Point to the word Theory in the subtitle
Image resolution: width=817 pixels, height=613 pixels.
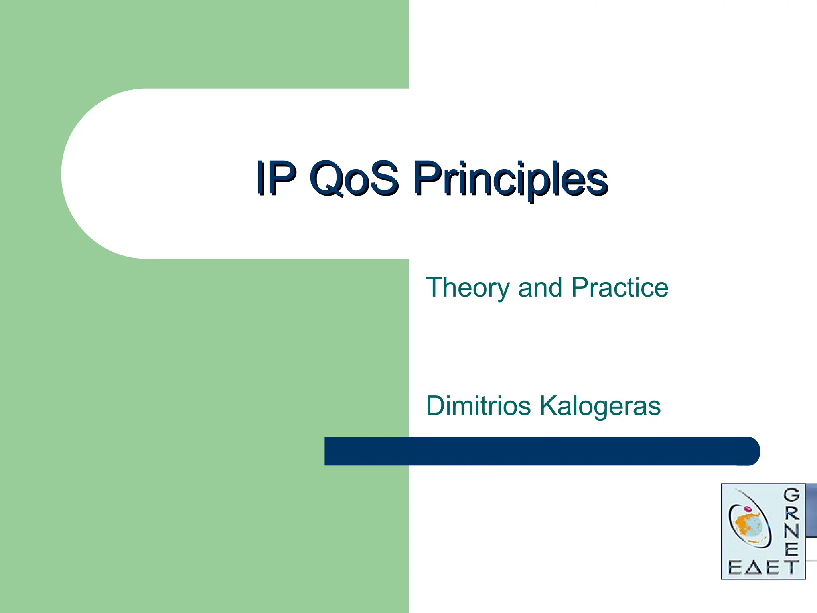[x=468, y=288]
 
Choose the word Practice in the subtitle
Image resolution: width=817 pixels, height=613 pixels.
[x=620, y=287]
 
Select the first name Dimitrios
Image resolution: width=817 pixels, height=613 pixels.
[x=478, y=406]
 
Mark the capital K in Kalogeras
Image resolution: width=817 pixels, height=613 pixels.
[x=549, y=405]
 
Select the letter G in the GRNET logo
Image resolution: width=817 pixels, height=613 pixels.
[x=792, y=495]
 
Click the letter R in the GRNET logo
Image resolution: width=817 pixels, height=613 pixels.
[x=792, y=513]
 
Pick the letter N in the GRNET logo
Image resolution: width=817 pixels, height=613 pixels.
[x=792, y=531]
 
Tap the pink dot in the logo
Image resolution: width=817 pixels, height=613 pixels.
[x=748, y=509]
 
